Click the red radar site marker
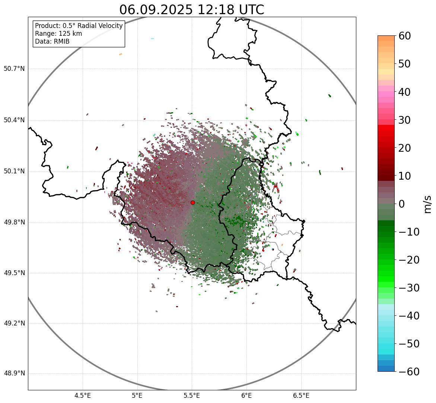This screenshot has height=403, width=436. click(192, 202)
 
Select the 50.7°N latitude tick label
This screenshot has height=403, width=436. click(14, 69)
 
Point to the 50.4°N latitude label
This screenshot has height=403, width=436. click(14, 120)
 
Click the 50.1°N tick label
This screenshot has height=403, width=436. click(14, 171)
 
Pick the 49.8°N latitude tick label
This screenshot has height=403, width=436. click(14, 223)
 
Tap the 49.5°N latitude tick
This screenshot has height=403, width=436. click(14, 273)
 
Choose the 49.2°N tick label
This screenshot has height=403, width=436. click(14, 323)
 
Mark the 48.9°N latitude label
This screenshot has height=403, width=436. click(14, 374)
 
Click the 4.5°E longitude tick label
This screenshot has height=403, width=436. click(83, 395)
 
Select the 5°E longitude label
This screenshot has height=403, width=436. click(137, 395)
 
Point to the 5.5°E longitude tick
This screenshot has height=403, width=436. click(192, 395)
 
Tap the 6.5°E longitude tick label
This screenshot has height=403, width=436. click(301, 395)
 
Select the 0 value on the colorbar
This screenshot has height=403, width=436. click(402, 204)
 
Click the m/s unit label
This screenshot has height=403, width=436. click(427, 204)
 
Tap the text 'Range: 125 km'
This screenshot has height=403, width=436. click(58, 34)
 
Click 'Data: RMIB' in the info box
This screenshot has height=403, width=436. click(52, 41)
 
